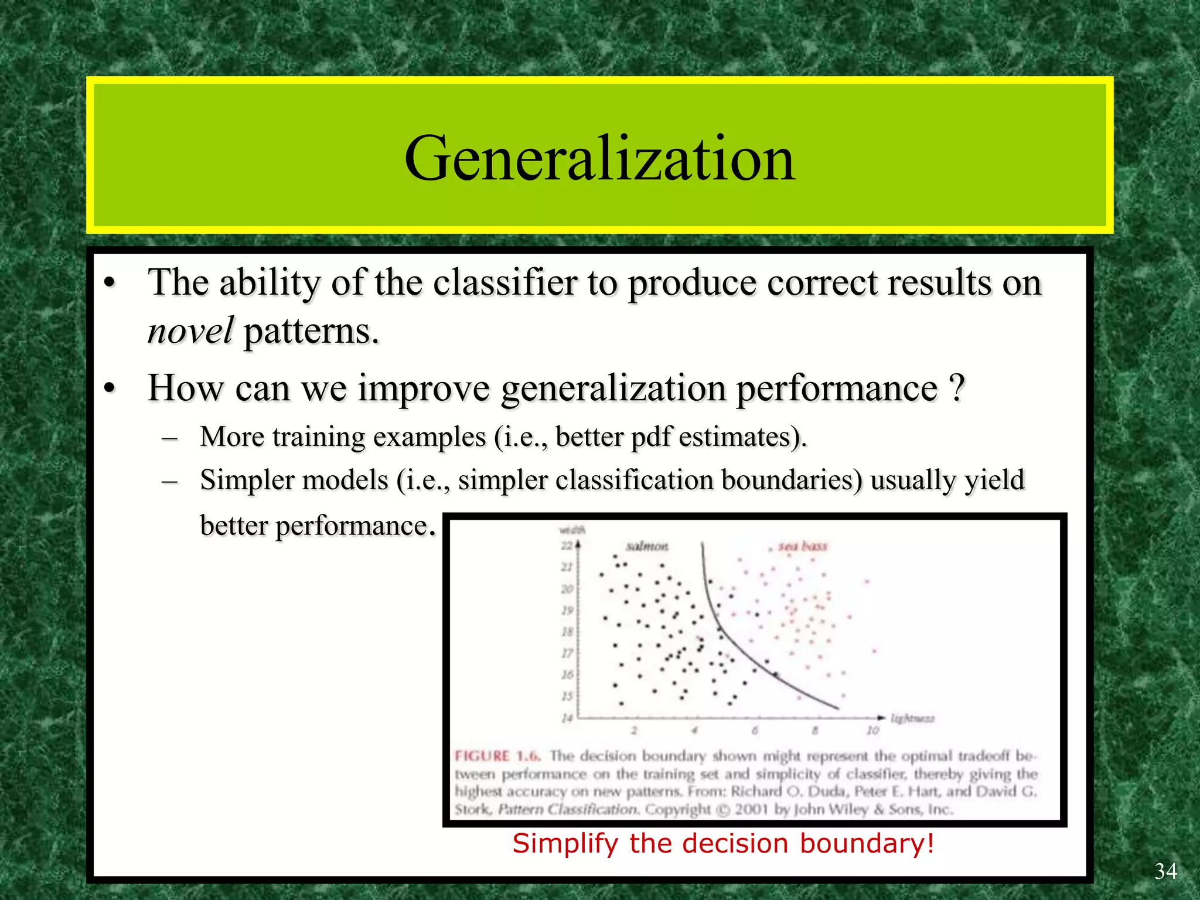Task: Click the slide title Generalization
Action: [599, 158]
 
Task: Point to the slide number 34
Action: [1165, 871]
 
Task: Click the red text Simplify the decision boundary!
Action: [723, 844]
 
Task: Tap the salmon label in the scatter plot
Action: [647, 546]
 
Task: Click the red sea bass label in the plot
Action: [802, 546]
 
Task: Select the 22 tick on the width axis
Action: [567, 546]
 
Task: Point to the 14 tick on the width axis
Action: [567, 718]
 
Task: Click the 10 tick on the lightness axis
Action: [872, 731]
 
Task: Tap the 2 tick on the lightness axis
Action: [634, 731]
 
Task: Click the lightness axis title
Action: [912, 718]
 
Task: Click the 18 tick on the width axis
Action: [567, 632]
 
